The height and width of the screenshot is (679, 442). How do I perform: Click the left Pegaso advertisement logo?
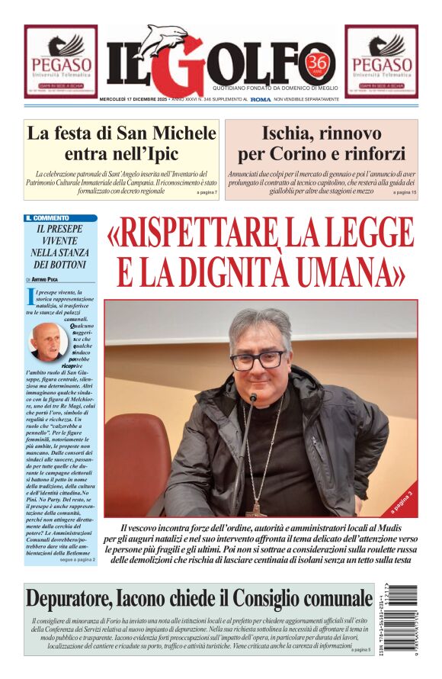pyautogui.click(x=60, y=62)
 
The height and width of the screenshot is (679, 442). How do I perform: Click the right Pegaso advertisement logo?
pyautogui.click(x=381, y=62)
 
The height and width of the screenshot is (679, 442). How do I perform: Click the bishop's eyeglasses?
pyautogui.click(x=259, y=359)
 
